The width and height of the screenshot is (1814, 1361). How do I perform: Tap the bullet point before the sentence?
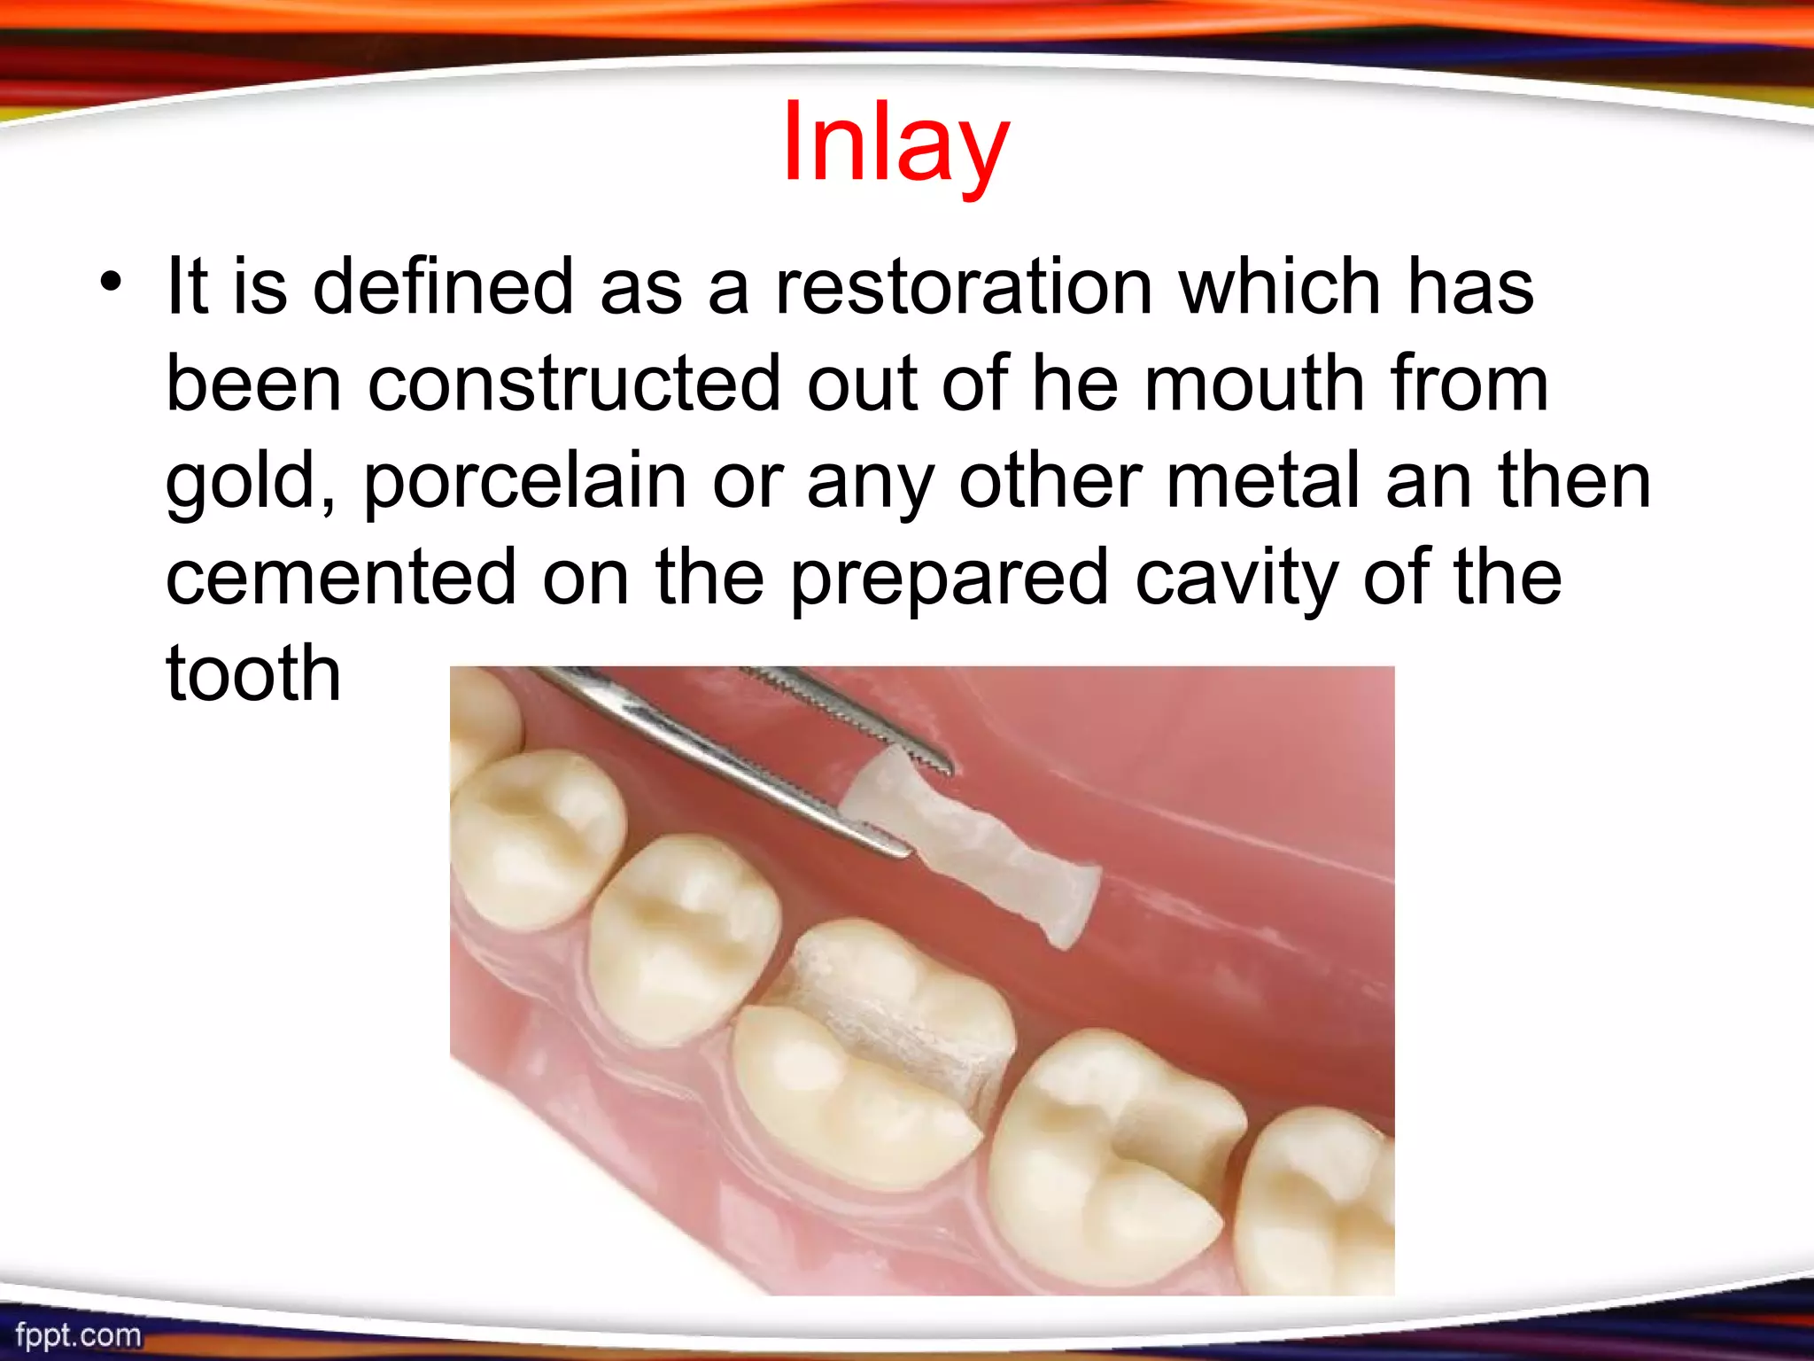pyautogui.click(x=112, y=283)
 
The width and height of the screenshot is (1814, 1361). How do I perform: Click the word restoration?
pyautogui.click(x=964, y=286)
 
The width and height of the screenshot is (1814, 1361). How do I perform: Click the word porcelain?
pyautogui.click(x=524, y=481)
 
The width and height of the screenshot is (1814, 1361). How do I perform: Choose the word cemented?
pyautogui.click(x=341, y=577)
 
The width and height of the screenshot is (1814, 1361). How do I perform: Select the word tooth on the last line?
pyautogui.click(x=253, y=673)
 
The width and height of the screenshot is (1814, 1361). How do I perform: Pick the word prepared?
pyautogui.click(x=949, y=579)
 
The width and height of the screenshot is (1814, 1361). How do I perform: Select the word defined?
pyautogui.click(x=443, y=286)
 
